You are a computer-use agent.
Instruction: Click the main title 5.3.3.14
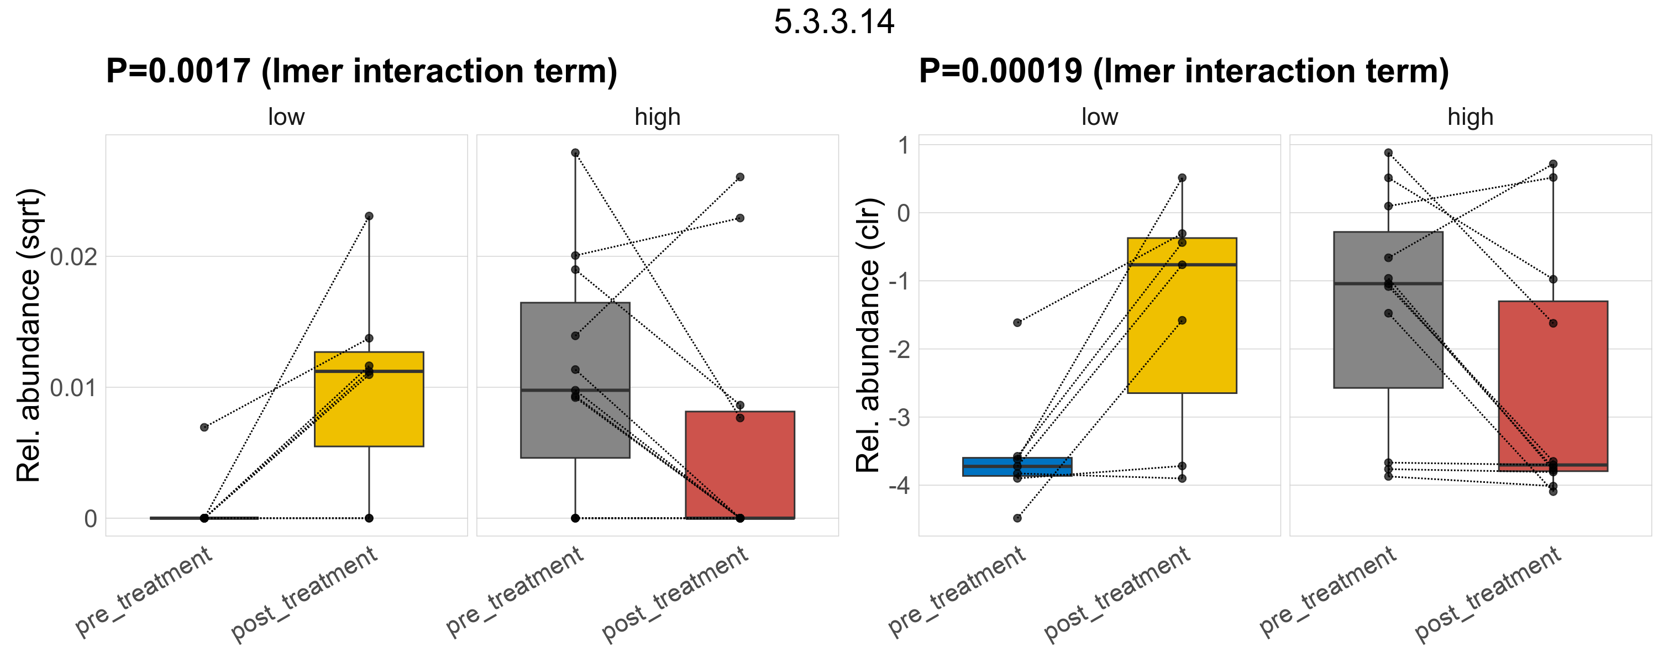(834, 22)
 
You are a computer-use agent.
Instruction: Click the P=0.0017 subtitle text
(361, 71)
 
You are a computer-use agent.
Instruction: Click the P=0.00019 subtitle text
(1183, 71)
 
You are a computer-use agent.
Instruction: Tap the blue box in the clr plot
(1017, 467)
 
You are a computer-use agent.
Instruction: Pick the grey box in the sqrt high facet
(575, 343)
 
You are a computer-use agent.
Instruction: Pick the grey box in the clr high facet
(1388, 336)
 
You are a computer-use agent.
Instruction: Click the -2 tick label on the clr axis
(899, 350)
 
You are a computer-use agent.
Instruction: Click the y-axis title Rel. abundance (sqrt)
(29, 335)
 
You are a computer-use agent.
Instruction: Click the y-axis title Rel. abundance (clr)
(868, 335)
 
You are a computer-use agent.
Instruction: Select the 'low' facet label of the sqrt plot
(286, 117)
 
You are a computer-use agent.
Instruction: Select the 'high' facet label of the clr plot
(1470, 117)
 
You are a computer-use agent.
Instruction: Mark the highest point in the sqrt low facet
(369, 216)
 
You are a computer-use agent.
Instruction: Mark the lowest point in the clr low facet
(1017, 518)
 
